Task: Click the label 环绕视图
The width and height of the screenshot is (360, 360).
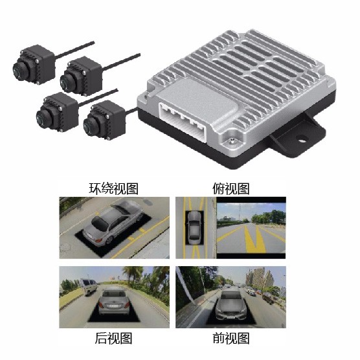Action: pos(114,188)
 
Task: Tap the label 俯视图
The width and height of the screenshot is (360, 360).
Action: pos(231,188)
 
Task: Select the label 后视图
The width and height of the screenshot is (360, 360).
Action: pos(114,338)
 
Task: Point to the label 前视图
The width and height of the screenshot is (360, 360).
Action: pos(231,338)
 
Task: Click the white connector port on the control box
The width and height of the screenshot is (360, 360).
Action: pos(183,122)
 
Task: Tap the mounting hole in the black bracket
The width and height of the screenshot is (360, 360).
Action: pos(302,138)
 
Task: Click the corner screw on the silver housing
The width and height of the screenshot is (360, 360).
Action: pos(232,141)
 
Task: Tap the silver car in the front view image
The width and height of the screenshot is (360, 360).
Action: pos(231,305)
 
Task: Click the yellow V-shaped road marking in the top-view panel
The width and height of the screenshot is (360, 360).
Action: pos(254,238)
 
